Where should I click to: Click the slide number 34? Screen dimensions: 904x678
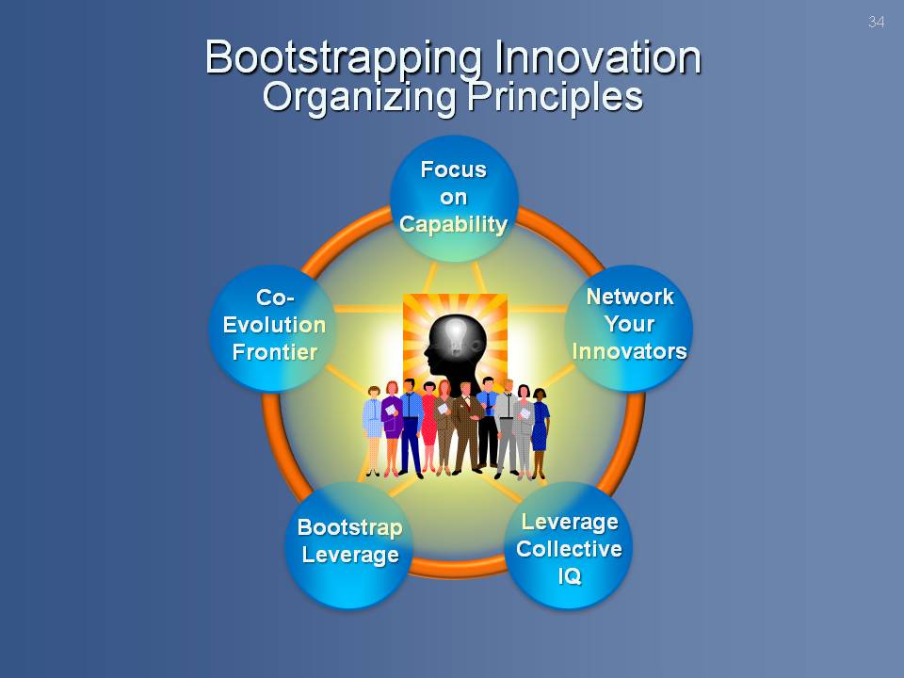pos(876,22)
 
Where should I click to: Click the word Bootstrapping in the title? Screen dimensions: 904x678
pos(343,58)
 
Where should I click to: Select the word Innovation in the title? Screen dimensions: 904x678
pos(598,56)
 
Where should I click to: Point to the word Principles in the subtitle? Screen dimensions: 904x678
pos(556,96)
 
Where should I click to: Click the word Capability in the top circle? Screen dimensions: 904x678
pos(454,224)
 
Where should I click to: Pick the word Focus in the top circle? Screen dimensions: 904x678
pos(454,169)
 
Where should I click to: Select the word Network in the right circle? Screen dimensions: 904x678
pos(630,297)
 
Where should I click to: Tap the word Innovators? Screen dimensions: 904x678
pos(630,351)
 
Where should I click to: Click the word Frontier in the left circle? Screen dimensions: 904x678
pos(275,351)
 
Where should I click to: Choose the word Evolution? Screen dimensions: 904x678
pos(274,325)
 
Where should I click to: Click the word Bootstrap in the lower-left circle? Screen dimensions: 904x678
pos(350,528)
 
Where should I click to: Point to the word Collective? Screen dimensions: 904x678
pos(569,549)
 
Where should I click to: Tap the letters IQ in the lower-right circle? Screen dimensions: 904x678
pos(569,576)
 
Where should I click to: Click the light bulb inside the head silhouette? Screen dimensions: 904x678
pos(456,334)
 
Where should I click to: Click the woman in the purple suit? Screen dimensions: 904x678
pos(392,428)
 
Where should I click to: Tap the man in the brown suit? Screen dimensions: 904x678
pos(466,428)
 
